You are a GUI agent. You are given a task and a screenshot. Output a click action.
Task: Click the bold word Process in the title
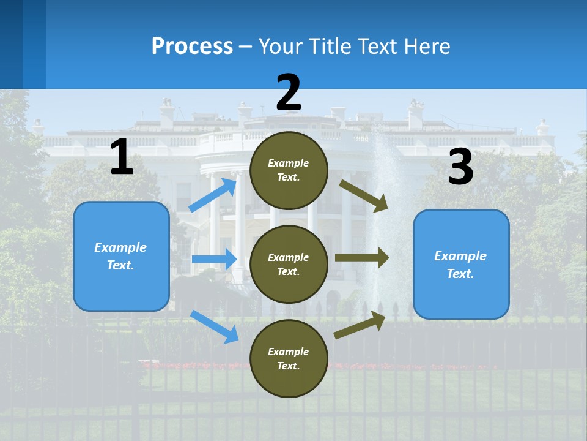[x=192, y=47]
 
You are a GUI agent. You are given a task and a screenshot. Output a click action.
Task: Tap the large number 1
[x=122, y=157]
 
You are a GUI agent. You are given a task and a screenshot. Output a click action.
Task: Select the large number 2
[x=289, y=92]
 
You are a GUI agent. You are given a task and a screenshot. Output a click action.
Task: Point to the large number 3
[x=460, y=167]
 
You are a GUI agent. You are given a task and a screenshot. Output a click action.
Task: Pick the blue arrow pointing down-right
[x=214, y=326]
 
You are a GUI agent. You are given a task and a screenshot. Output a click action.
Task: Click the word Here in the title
[x=426, y=47]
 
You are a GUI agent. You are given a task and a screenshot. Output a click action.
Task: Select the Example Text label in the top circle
[x=289, y=170]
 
